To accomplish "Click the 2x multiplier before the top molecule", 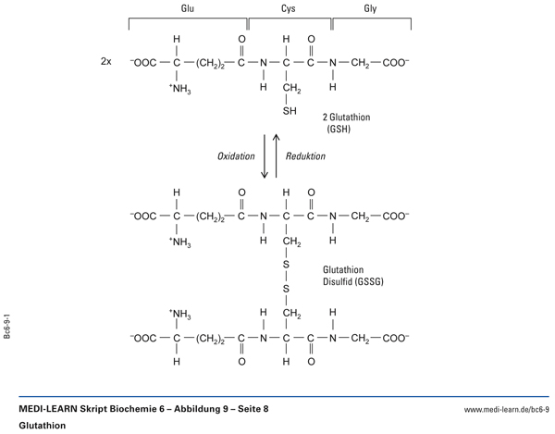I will coord(106,64).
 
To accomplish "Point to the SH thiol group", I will coord(289,113).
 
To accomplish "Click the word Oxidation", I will coord(236,156).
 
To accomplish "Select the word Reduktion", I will coord(306,156).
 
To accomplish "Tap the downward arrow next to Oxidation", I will coord(265,156).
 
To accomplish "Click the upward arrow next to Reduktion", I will coord(276,156).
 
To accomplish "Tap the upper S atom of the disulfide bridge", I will coord(287,265).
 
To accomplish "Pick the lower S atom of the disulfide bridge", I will coord(287,289).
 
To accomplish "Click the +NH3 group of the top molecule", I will coord(179,90).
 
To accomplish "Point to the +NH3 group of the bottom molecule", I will coord(179,314).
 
